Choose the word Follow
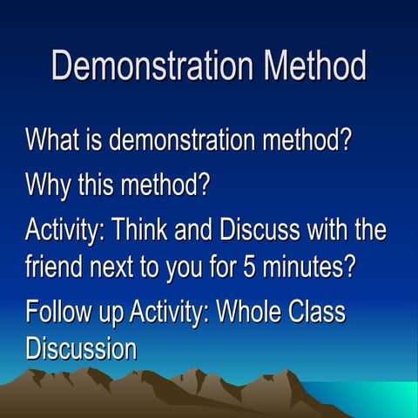click(x=57, y=311)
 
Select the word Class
click(x=322, y=311)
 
